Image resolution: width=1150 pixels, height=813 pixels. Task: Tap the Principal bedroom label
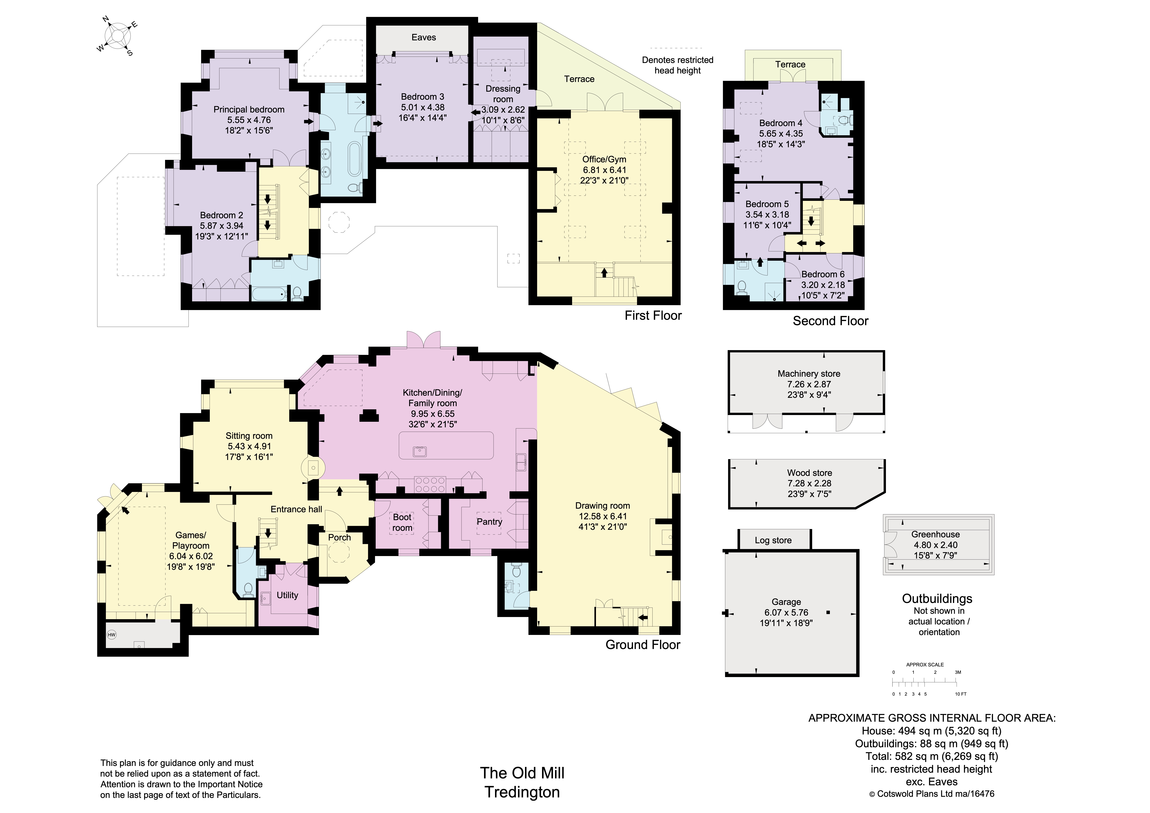[x=249, y=109]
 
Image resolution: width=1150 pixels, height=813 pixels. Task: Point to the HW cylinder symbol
[x=112, y=635]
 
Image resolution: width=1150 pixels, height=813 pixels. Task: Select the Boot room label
[x=402, y=522]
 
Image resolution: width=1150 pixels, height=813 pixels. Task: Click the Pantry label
[x=489, y=521]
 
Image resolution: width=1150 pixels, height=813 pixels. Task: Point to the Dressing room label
[x=503, y=94]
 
